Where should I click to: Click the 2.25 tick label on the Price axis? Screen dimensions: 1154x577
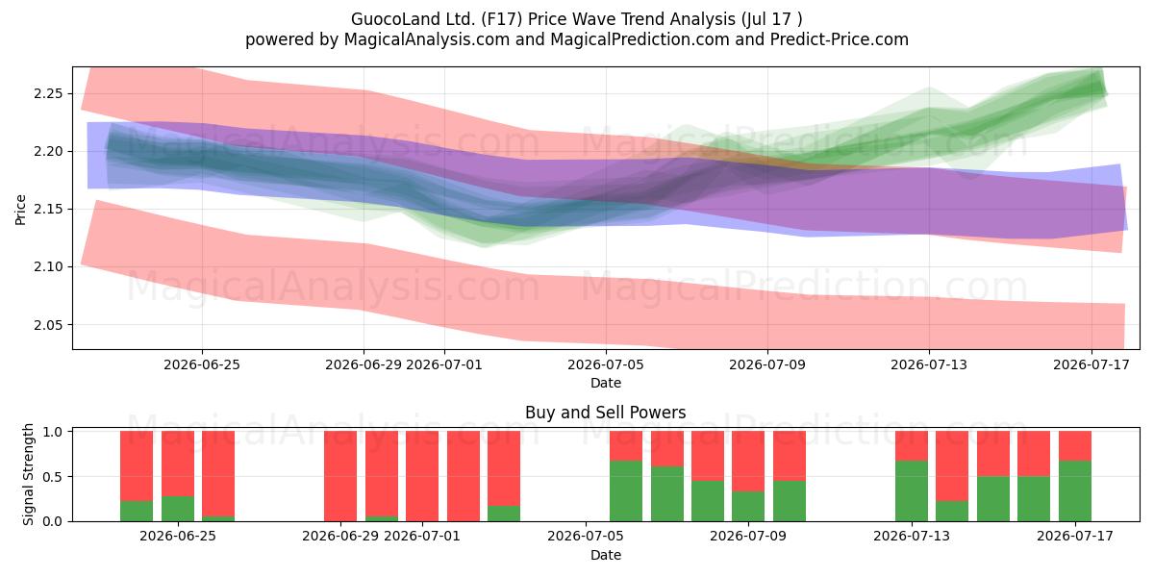coord(48,94)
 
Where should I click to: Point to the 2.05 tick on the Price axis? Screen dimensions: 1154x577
coord(48,325)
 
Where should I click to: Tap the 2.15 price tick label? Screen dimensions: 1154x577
coord(48,210)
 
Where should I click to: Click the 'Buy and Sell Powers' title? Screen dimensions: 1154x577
coord(605,413)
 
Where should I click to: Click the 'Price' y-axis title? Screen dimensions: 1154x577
coord(20,210)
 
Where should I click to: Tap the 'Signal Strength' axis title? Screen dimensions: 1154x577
coord(28,474)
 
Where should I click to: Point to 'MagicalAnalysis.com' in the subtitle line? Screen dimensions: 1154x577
coord(427,39)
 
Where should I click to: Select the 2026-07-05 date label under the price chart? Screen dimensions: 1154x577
coord(606,364)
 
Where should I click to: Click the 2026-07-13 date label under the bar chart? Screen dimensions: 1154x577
coord(912,536)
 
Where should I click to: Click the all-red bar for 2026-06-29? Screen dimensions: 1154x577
coord(340,476)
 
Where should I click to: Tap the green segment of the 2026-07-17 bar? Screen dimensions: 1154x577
coord(1075,491)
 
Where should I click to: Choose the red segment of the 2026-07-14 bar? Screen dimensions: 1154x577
coord(952,465)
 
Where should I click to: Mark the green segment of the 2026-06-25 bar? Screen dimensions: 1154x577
coord(178,509)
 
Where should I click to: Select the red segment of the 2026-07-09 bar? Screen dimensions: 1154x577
coord(748,461)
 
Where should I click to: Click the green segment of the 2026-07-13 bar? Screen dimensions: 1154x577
coord(912,491)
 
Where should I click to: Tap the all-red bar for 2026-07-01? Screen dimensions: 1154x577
coord(422,476)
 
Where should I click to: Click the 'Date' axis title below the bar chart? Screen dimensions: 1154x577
coord(606,555)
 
